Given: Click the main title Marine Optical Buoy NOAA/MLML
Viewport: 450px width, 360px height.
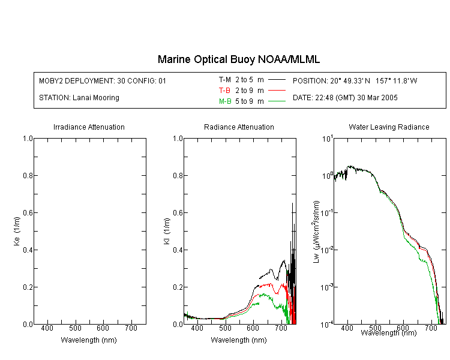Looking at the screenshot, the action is (x=238, y=59).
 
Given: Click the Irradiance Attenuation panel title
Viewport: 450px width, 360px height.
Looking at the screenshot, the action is (x=89, y=127).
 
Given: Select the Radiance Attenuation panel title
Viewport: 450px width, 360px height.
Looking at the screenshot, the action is (x=239, y=127).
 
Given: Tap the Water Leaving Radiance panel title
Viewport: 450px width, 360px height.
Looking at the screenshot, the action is (x=389, y=127).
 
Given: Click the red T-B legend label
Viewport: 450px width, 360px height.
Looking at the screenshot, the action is (x=224, y=91).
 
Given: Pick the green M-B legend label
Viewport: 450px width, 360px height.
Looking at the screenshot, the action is (x=225, y=101).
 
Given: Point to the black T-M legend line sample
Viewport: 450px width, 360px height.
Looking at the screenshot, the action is (x=277, y=80).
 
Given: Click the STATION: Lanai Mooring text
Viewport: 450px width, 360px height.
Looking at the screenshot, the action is (x=79, y=98).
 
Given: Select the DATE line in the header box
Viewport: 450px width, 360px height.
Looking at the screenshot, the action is (x=345, y=98).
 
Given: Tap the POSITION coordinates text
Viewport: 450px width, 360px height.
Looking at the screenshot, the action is (x=355, y=80).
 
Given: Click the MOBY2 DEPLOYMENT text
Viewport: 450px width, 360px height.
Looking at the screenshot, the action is (x=103, y=80).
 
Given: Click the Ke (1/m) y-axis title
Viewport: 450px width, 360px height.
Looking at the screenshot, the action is (x=17, y=231).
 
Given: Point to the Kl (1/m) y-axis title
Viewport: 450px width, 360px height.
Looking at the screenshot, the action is (x=167, y=231).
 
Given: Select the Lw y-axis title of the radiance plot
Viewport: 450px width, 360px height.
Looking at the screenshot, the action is (x=316, y=232).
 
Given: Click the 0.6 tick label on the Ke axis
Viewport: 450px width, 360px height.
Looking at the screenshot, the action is (x=28, y=212).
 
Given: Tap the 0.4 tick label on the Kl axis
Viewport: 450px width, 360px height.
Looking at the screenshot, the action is (x=178, y=250).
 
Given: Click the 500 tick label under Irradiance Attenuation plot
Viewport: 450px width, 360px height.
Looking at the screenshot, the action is (x=75, y=328).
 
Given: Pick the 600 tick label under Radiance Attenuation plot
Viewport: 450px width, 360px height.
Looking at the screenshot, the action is (x=253, y=328).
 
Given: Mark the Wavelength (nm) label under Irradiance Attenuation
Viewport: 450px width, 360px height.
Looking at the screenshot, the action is (x=89, y=340).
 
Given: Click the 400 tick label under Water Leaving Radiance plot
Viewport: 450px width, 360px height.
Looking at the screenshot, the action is (x=347, y=328).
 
